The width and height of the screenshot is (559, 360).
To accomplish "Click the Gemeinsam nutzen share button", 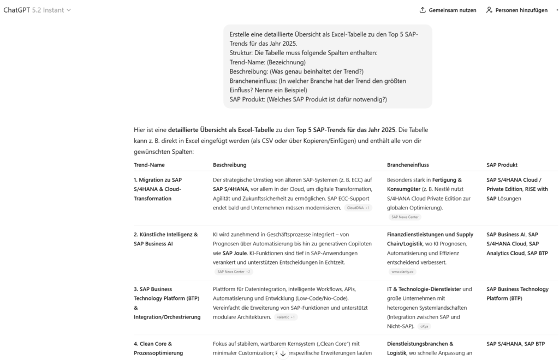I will [x=448, y=10].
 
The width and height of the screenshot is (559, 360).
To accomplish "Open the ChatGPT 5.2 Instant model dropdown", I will [x=37, y=10].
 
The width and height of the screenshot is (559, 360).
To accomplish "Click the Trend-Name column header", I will [x=149, y=165].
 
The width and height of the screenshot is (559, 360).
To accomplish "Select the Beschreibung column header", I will [x=229, y=165].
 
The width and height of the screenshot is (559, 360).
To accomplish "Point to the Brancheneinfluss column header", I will [x=407, y=165].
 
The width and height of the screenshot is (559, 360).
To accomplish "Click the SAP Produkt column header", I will [x=502, y=165].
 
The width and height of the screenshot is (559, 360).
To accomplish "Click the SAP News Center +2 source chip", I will [x=233, y=271].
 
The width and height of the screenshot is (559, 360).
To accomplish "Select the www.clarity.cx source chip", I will [x=402, y=271].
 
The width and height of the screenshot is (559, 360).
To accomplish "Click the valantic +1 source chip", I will [x=286, y=317].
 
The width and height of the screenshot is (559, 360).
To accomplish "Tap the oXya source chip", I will [x=424, y=326].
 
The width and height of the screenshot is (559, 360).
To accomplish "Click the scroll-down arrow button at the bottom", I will [x=283, y=353].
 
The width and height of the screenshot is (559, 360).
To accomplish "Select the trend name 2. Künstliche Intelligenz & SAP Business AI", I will [x=165, y=239].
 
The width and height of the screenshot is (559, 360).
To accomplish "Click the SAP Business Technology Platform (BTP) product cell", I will [x=517, y=293].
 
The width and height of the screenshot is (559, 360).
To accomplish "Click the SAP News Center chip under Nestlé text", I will [x=405, y=217].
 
